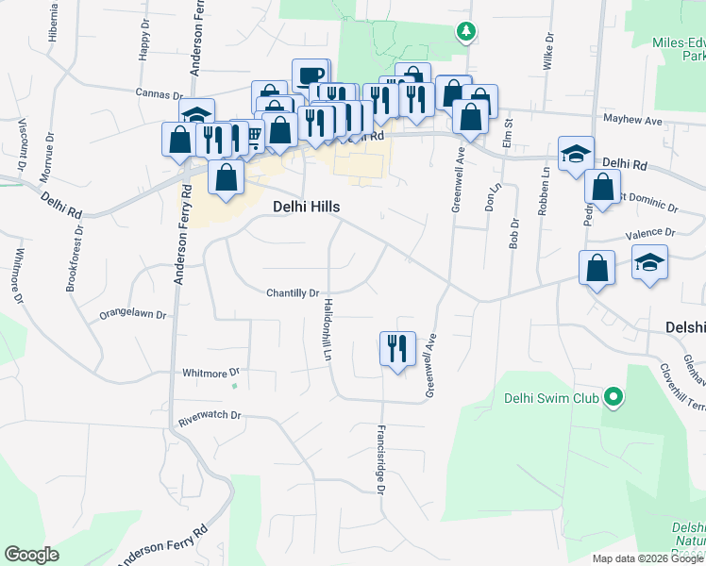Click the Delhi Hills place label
306,207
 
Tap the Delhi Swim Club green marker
614,398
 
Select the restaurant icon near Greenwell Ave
396,348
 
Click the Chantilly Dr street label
293,293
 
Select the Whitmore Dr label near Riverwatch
211,373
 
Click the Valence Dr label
650,233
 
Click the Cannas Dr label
159,93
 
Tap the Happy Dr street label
144,41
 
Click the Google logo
31,555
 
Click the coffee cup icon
309,75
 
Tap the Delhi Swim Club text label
552,398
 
